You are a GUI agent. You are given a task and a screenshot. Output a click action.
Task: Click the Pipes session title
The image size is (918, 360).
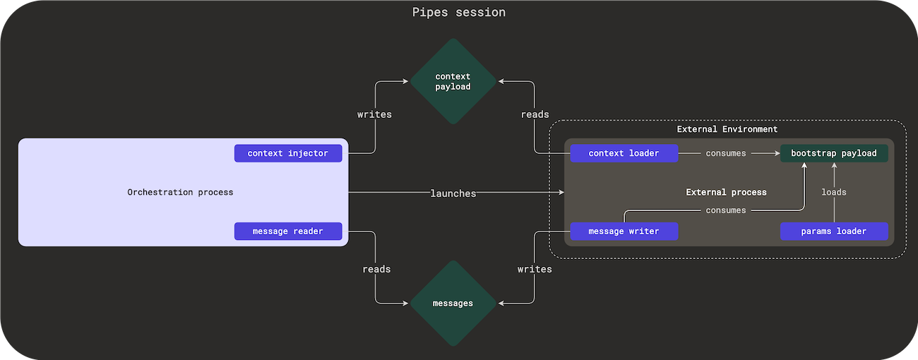click(x=458, y=13)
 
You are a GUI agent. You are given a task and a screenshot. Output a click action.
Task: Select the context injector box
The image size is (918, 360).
click(x=288, y=153)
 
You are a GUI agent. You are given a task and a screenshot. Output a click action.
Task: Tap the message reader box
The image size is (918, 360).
click(x=288, y=231)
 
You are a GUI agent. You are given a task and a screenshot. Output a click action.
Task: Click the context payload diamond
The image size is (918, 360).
click(x=453, y=82)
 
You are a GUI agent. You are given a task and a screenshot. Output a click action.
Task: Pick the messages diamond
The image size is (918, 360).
click(x=453, y=303)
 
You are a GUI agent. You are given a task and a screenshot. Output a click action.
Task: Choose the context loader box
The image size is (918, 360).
click(x=624, y=153)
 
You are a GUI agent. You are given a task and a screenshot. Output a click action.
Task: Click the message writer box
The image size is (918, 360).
click(x=624, y=231)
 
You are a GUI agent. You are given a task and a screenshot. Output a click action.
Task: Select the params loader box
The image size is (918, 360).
click(x=833, y=231)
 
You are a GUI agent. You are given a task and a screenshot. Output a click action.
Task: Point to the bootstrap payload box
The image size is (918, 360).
click(x=833, y=153)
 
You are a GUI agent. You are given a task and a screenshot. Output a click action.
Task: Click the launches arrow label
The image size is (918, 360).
click(x=453, y=193)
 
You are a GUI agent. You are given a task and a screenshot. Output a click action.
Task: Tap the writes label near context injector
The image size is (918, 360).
click(x=374, y=114)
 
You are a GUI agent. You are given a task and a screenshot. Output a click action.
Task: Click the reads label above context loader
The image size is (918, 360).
click(x=535, y=114)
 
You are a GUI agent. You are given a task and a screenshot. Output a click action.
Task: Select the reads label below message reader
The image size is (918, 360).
click(x=376, y=269)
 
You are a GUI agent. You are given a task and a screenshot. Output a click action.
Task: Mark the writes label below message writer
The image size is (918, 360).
click(x=535, y=269)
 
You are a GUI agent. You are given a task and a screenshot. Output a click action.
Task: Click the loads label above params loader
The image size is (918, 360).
click(x=833, y=192)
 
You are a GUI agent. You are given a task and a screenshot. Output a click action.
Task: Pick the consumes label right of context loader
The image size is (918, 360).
click(x=726, y=153)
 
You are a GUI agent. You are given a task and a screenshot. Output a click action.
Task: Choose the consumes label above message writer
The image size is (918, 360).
click(x=726, y=210)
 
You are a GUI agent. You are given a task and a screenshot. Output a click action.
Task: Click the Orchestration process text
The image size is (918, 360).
click(x=180, y=192)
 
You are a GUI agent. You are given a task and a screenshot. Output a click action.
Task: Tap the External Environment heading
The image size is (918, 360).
click(x=727, y=129)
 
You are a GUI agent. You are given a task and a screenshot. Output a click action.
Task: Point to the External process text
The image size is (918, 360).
click(x=726, y=192)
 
